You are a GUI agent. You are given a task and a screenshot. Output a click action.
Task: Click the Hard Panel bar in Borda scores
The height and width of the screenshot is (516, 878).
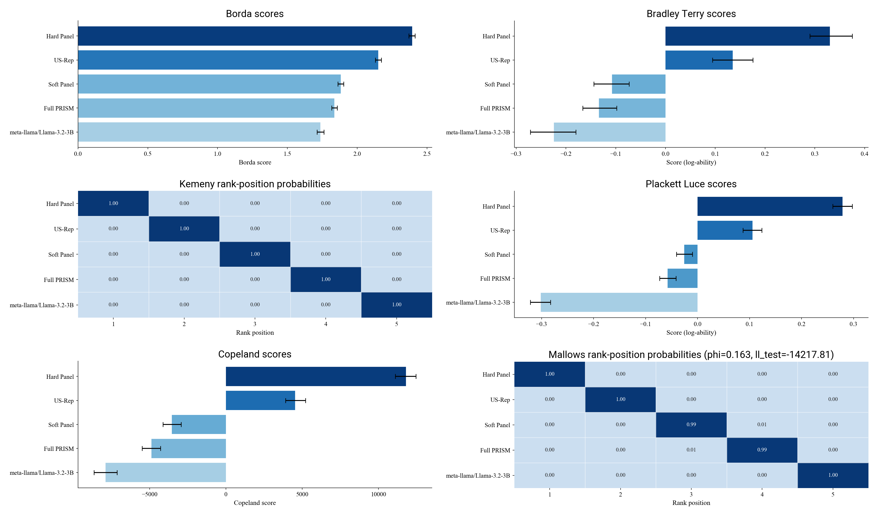click(244, 36)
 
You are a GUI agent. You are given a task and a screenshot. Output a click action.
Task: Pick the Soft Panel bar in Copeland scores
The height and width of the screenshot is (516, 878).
click(199, 424)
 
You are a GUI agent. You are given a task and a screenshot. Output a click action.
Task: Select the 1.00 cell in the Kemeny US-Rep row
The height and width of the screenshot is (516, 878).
click(184, 229)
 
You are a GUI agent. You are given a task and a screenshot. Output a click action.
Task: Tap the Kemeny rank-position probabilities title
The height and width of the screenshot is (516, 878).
click(255, 184)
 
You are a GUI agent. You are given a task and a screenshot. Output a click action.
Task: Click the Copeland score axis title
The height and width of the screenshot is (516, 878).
click(255, 503)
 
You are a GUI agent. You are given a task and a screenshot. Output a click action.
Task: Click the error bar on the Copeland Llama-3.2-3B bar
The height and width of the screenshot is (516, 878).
click(106, 473)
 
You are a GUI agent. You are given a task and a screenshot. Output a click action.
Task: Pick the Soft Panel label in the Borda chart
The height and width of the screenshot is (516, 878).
click(61, 84)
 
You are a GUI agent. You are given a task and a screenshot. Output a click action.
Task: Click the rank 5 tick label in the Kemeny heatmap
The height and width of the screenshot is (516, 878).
click(396, 324)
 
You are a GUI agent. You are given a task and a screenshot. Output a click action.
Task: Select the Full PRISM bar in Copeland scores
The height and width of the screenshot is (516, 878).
click(188, 448)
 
